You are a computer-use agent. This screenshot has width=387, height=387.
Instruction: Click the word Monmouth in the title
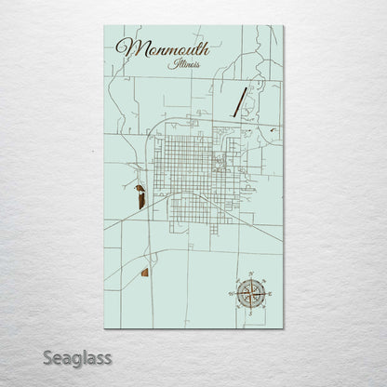164,48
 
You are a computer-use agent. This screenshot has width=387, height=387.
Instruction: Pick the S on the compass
249,315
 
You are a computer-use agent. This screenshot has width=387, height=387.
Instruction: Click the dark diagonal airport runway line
240,100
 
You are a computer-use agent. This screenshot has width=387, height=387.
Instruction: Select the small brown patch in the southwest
144,273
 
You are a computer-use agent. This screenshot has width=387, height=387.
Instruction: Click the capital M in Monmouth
125,47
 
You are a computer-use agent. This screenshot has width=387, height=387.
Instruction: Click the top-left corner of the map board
105,26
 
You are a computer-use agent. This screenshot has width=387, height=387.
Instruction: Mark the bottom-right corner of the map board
283,328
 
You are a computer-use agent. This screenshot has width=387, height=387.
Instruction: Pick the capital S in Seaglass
43,357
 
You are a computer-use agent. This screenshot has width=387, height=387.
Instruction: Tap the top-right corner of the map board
283,26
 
